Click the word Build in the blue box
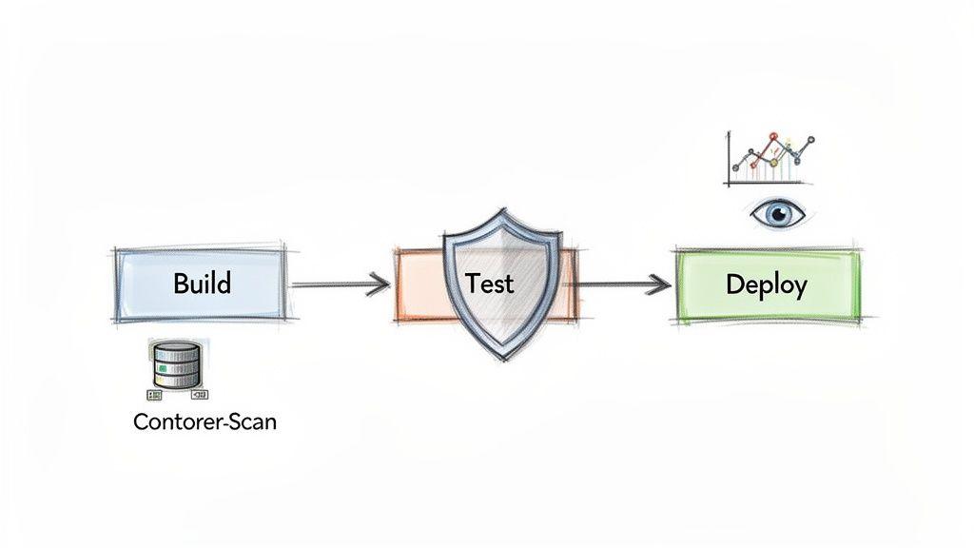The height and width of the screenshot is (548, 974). (202, 284)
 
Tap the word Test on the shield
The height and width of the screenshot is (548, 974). (490, 283)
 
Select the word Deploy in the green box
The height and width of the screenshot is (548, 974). (766, 284)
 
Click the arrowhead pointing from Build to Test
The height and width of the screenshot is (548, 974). (380, 283)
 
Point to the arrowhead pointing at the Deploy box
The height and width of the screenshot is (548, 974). (656, 283)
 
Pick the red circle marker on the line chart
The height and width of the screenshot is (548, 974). (772, 137)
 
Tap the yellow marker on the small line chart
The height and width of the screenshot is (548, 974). (773, 163)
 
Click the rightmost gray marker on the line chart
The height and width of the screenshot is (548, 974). (810, 141)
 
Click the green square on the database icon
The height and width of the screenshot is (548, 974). (164, 367)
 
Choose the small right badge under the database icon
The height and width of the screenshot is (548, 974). (200, 393)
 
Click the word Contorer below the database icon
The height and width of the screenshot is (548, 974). (174, 421)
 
